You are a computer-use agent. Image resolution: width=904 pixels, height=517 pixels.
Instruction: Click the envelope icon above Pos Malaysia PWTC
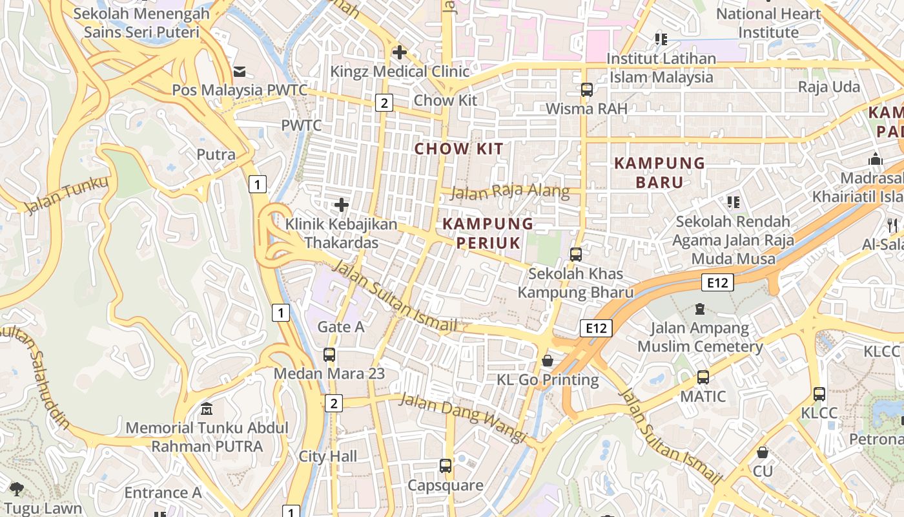(240, 71)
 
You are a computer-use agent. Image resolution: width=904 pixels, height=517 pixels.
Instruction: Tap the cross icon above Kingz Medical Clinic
(400, 52)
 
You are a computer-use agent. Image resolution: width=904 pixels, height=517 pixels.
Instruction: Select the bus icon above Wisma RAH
(586, 90)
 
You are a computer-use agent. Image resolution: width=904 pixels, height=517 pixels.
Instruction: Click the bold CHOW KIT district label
(458, 149)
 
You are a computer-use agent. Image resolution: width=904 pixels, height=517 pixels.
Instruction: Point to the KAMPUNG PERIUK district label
(488, 233)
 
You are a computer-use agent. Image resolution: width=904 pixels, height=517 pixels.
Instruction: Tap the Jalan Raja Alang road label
(510, 191)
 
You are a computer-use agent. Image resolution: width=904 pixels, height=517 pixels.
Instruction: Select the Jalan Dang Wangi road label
(462, 417)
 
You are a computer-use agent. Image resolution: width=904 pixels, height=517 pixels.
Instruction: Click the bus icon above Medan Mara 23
(329, 355)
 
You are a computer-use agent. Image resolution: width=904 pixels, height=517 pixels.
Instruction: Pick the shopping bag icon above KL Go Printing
(548, 361)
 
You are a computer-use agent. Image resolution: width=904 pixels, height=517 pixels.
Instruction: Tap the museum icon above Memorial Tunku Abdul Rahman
(207, 409)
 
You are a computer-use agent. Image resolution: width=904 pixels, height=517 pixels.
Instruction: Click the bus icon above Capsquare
(446, 466)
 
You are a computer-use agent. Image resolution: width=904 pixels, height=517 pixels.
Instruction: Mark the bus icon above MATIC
(703, 377)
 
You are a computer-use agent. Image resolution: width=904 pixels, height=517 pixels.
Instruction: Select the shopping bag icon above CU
(763, 452)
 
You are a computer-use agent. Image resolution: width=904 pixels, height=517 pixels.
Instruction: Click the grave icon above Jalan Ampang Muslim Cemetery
(700, 309)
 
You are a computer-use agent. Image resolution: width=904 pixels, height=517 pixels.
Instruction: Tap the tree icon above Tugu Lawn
(17, 489)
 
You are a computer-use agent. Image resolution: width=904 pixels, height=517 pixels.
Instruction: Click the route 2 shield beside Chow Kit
(384, 102)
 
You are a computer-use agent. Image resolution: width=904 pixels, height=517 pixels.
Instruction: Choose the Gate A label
(341, 327)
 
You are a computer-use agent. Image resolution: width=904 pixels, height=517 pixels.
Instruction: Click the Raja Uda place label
(829, 87)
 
